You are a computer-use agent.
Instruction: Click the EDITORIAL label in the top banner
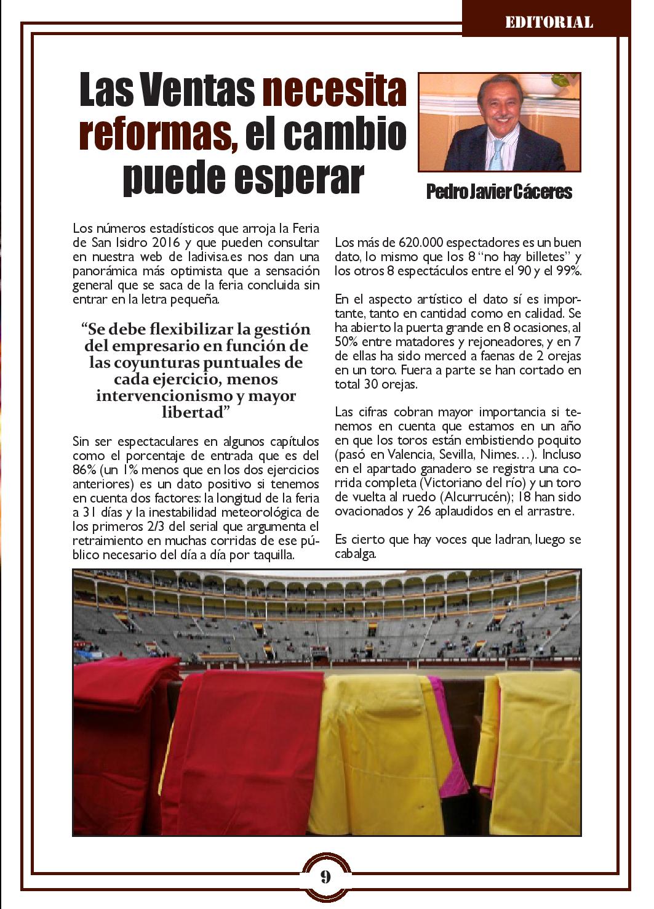coord(549,23)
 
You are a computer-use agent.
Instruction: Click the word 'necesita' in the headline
coord(335,90)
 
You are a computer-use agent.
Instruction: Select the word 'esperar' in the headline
coord(301,177)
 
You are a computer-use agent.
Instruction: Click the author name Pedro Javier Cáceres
coord(499,193)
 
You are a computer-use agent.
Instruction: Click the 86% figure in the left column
coord(83,471)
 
